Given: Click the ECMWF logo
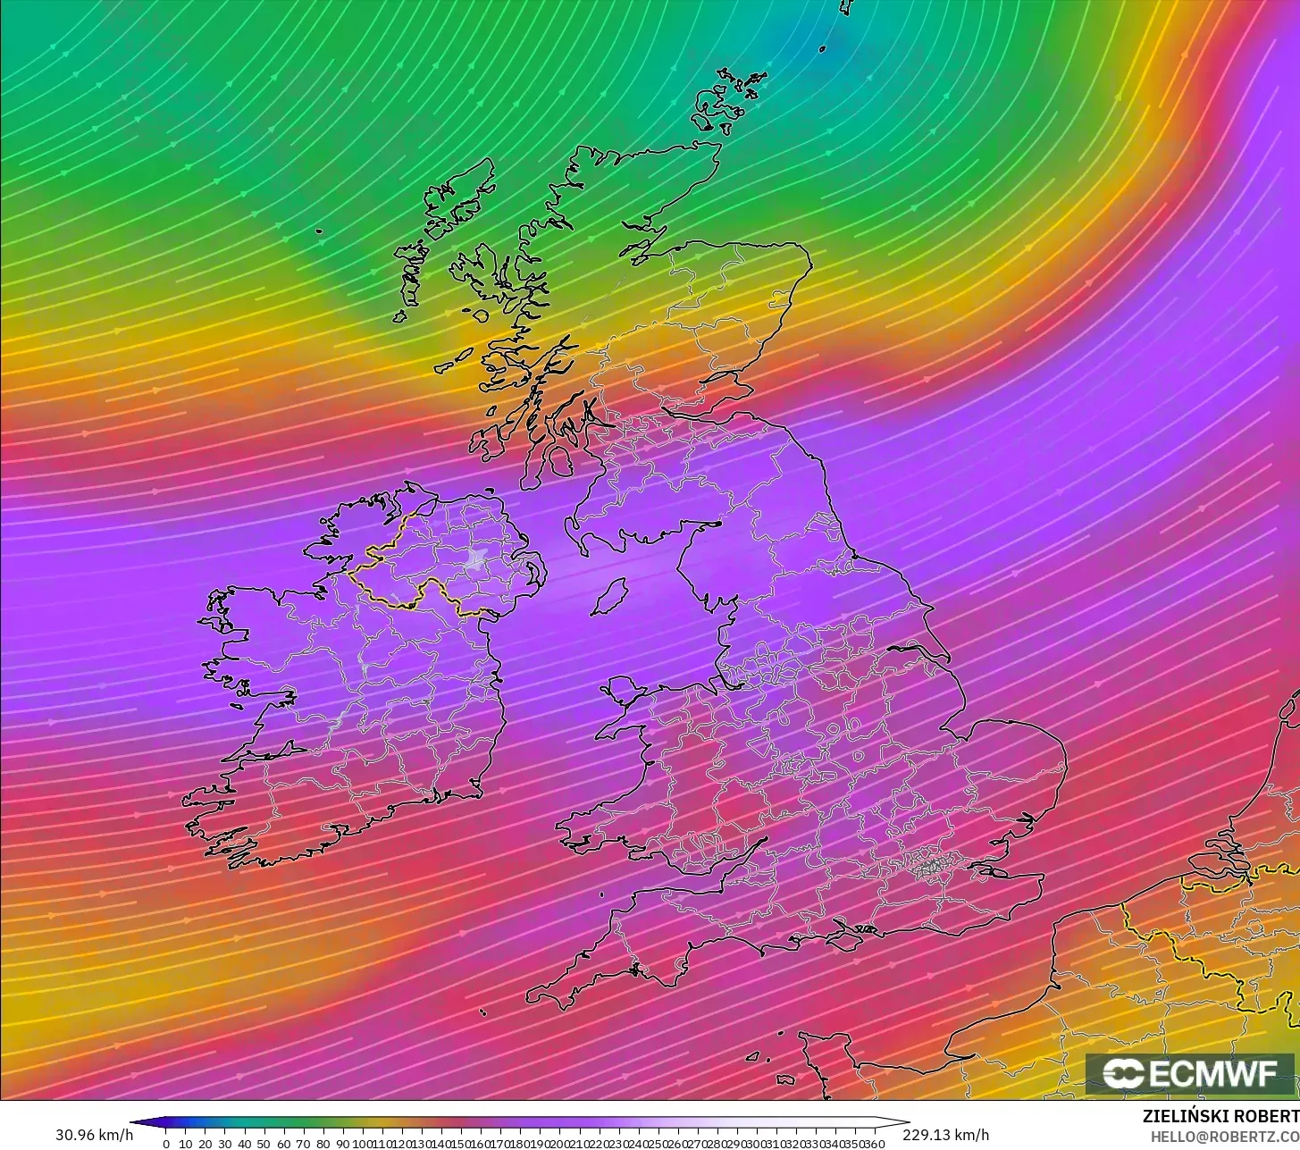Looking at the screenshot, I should click(1190, 1073).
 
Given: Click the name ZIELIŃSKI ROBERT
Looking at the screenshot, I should click(1220, 1116).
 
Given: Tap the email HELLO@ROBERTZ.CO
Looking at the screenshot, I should click(1224, 1135).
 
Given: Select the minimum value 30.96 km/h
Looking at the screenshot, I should click(95, 1135).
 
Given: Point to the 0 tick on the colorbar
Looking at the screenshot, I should click(165, 1144).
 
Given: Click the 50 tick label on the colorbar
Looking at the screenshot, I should click(264, 1144).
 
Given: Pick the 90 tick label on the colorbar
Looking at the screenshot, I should click(342, 1144).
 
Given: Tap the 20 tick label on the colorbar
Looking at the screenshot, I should click(205, 1144).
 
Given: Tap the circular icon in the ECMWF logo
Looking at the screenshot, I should click(1121, 1073).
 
